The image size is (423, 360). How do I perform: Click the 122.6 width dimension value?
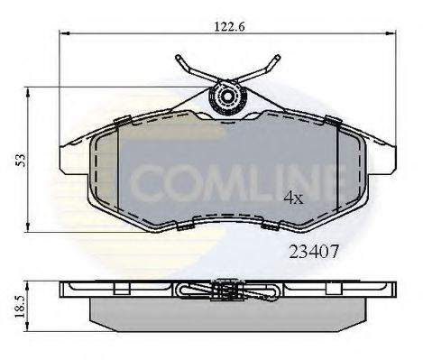226,27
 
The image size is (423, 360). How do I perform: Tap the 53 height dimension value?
17,159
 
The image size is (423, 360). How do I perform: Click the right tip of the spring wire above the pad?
276,59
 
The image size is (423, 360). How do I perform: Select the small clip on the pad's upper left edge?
118,120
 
